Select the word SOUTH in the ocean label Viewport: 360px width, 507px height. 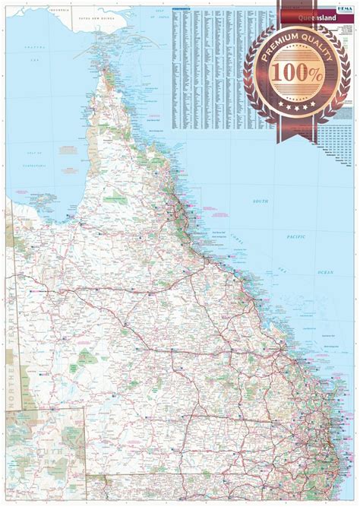(x=262, y=201)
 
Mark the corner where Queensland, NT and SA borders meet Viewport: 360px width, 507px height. (x=7, y=411)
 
